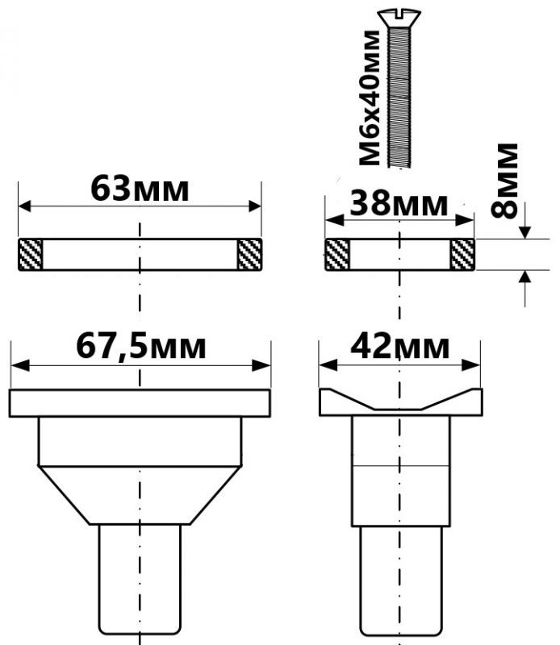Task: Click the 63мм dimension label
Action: pyautogui.click(x=140, y=189)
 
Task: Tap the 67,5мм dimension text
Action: pyautogui.click(x=141, y=347)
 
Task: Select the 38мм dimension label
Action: pyautogui.click(x=399, y=204)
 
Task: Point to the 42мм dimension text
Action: pyautogui.click(x=399, y=347)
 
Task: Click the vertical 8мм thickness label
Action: pyautogui.click(x=504, y=180)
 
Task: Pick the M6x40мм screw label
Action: pyautogui.click(x=370, y=98)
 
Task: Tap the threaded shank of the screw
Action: pyautogui.click(x=399, y=97)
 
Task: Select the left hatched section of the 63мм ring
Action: pyautogui.click(x=31, y=255)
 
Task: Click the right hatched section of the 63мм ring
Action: pyautogui.click(x=250, y=255)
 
